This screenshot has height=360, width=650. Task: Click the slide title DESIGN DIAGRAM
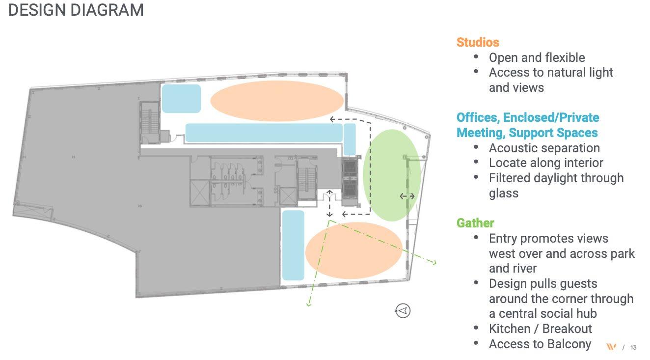coord(76,10)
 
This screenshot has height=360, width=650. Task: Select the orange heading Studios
coord(477,42)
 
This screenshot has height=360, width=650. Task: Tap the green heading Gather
coord(475,223)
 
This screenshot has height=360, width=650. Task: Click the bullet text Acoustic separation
coord(544,148)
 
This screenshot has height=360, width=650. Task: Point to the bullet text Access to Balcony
coord(540,344)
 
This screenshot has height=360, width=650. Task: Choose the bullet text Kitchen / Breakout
coord(540,329)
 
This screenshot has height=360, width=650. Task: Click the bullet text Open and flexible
coord(537,57)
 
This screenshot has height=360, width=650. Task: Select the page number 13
coord(633,348)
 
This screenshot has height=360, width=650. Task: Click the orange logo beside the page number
coord(611,347)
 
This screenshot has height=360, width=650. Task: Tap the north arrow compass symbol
coord(403,310)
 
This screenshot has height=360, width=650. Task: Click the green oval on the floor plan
coord(391,175)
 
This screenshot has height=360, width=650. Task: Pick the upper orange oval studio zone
coord(277,100)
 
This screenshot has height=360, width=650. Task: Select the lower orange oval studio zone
coord(353,250)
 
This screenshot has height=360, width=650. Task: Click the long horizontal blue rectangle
coord(263,133)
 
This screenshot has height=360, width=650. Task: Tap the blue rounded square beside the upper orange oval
coord(181,98)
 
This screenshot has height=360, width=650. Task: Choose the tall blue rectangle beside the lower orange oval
coord(293,245)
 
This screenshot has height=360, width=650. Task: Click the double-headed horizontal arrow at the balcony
coord(407,196)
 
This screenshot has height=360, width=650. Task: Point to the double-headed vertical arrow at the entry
coord(330,203)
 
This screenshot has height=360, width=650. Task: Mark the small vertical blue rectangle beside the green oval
coord(350,139)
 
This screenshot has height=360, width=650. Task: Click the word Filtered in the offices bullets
coord(509,178)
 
